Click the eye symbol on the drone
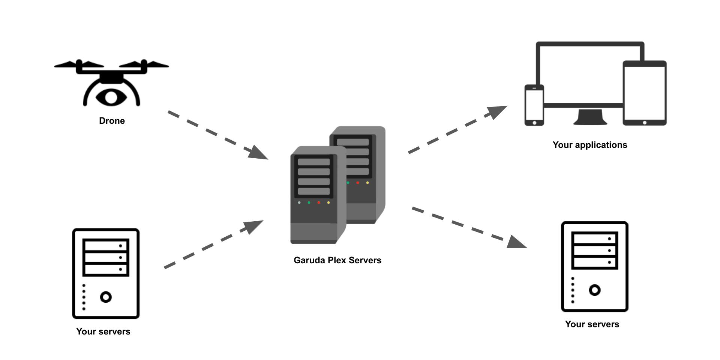(111, 97)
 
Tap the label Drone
(112, 121)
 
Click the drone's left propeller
(79, 64)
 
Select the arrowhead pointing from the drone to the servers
(258, 153)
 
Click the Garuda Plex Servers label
(337, 260)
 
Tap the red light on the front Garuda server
(319, 202)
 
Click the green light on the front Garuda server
(309, 202)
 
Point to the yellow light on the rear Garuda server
(367, 183)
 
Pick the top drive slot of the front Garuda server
(314, 162)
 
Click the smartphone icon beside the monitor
(534, 105)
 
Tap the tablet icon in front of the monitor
(644, 93)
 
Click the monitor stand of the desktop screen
(590, 117)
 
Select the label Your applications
(589, 145)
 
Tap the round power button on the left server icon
(106, 297)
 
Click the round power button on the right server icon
(595, 290)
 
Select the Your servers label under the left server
(103, 331)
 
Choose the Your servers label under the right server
(592, 324)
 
